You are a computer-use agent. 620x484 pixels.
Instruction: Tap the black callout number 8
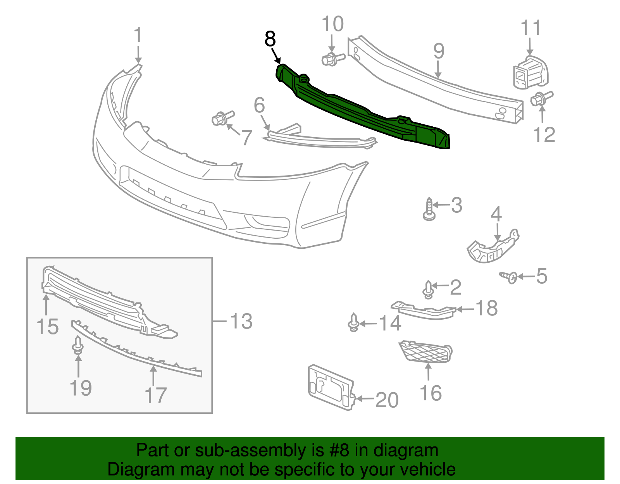pos(270,39)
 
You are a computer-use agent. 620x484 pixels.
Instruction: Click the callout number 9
pos(439,51)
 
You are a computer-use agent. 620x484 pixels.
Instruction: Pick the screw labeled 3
pos(429,210)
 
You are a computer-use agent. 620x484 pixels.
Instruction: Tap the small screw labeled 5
pos(509,277)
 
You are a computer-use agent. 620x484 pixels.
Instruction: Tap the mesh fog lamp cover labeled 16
pos(425,352)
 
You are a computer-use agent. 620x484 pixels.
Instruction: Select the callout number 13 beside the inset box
pos(241,321)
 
